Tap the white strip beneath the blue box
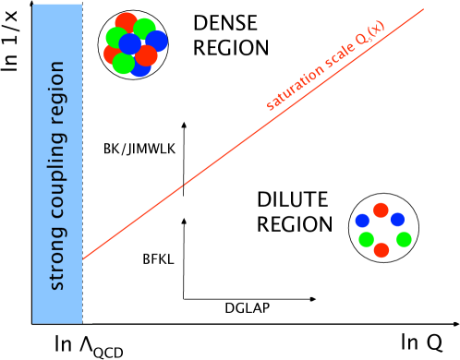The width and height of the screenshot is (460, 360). [x=61, y=329]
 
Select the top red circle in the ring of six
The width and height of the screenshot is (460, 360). [x=381, y=210]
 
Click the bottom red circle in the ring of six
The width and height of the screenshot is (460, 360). [x=381, y=250]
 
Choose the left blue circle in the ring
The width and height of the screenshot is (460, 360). [x=362, y=221]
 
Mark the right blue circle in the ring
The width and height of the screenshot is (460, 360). [x=397, y=219]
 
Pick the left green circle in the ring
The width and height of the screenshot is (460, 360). [x=367, y=240]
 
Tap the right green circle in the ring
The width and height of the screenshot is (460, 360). [x=404, y=239]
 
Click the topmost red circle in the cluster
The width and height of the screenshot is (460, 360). [x=127, y=22]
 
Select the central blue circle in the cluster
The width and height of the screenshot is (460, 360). [x=130, y=43]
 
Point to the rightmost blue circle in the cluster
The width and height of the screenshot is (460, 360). [x=157, y=42]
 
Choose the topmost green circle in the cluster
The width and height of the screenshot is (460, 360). [x=145, y=28]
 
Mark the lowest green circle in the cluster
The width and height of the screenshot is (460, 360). [x=123, y=64]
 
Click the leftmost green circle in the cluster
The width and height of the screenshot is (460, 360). [x=115, y=38]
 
